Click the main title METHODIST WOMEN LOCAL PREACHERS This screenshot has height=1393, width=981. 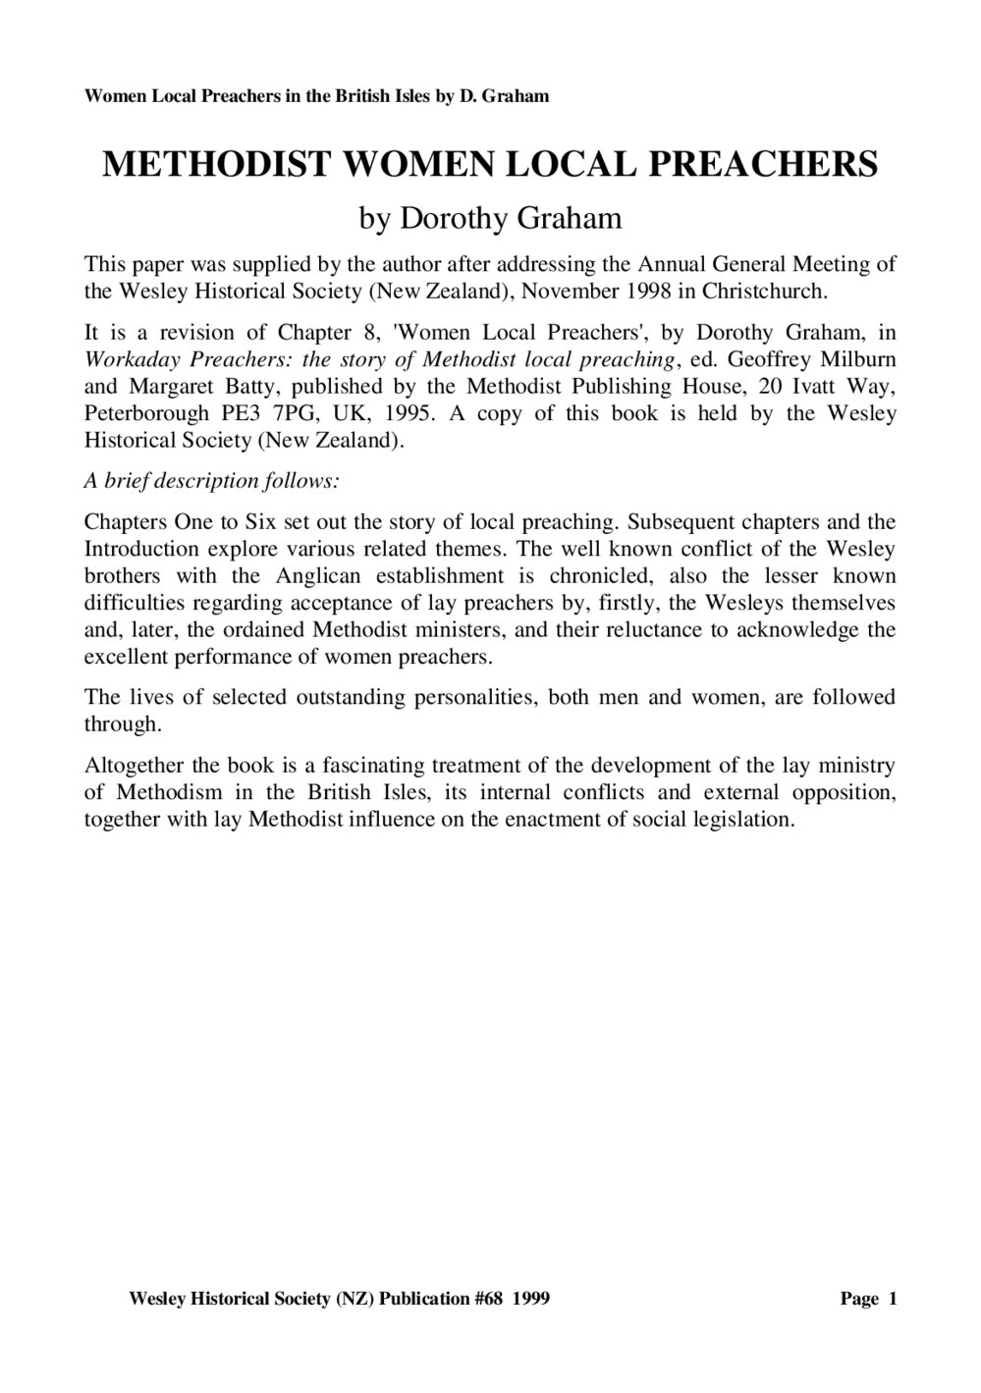(x=490, y=164)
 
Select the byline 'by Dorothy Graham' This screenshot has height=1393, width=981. (x=490, y=217)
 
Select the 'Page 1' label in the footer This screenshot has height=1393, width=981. (x=868, y=1299)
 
